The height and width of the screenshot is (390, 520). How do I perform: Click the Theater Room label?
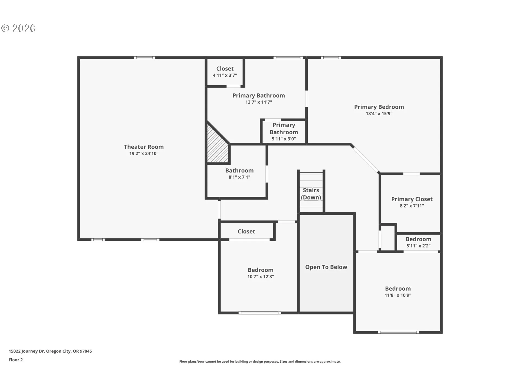point(144,147)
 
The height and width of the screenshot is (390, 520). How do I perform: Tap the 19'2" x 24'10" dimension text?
point(144,154)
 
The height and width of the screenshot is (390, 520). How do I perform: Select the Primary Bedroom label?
point(379,107)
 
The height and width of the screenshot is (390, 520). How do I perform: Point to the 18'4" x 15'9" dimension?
point(379,113)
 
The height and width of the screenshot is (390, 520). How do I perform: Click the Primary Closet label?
point(412,199)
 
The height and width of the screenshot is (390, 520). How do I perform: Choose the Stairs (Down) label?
point(311,194)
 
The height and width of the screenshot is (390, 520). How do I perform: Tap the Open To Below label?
point(326,267)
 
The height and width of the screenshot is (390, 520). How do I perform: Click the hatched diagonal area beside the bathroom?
point(217,146)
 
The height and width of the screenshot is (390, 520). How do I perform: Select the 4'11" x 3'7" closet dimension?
point(225,75)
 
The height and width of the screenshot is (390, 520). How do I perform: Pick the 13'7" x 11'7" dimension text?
point(259,102)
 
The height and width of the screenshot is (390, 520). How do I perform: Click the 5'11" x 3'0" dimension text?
point(284,139)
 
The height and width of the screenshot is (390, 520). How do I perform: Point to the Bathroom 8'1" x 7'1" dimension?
point(239,177)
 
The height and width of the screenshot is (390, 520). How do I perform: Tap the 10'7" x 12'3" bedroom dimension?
point(261,277)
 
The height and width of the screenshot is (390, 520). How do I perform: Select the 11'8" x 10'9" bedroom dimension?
point(398,295)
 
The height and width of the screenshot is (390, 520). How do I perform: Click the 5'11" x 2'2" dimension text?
point(418,246)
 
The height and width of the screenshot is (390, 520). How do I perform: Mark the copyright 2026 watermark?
point(18,28)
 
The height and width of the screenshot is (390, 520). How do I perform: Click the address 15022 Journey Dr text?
point(27,351)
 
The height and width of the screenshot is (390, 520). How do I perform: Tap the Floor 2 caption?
point(16,360)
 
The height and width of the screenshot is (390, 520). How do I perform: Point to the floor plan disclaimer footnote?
point(260,362)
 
